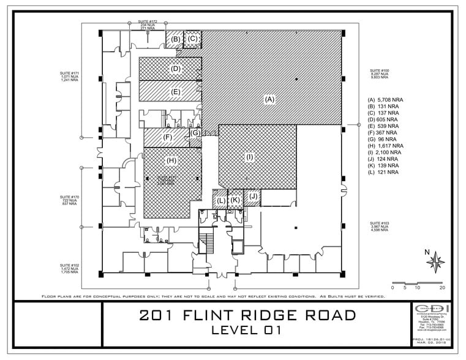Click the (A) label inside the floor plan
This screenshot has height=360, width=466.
click(268, 98)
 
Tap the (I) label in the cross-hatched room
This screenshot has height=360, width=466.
click(249, 157)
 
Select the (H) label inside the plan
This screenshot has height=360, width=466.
click(171, 160)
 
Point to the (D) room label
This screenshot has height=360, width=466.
click(176, 69)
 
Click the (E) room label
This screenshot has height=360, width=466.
click(176, 92)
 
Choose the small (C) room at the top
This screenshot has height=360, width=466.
click(193, 39)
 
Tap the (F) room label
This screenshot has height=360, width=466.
click(167, 137)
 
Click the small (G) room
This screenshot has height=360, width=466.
click(195, 133)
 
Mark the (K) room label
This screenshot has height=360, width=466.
click(235, 200)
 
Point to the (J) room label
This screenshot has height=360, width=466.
click(253, 197)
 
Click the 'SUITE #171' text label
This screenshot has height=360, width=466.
click(70, 73)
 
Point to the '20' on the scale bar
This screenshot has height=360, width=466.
click(442, 287)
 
